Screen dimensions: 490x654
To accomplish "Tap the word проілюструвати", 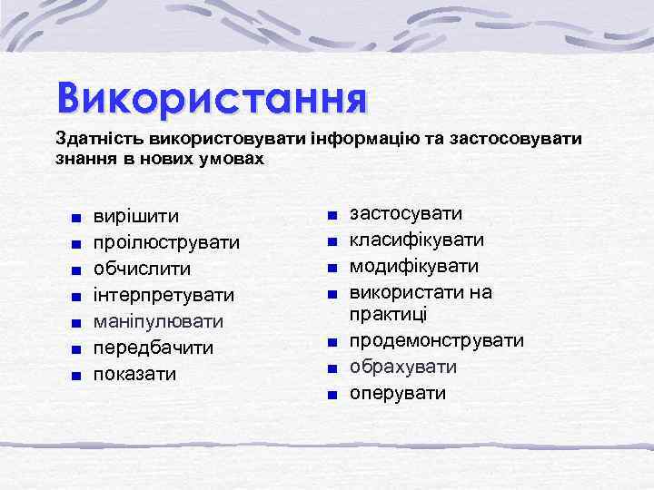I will pos(168,243).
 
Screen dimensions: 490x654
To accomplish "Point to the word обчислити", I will pos(143,269).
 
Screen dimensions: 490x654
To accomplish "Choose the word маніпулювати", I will pos(159,322).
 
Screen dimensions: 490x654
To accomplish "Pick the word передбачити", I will pos(154,348).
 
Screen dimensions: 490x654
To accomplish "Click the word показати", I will pos(135,375).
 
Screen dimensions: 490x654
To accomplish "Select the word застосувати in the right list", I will pos(406,214).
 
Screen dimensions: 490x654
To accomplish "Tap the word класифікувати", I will pos(417,240).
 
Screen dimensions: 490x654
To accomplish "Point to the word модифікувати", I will pos(413,267).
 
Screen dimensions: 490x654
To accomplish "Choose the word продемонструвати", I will pos(437,341).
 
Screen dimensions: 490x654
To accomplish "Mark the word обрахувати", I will pos(403,367).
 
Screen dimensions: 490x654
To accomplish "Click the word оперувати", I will pos(398,394).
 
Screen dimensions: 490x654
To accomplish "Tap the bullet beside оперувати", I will pos(333,395).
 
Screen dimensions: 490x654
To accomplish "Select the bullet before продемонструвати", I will pos(333,342).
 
